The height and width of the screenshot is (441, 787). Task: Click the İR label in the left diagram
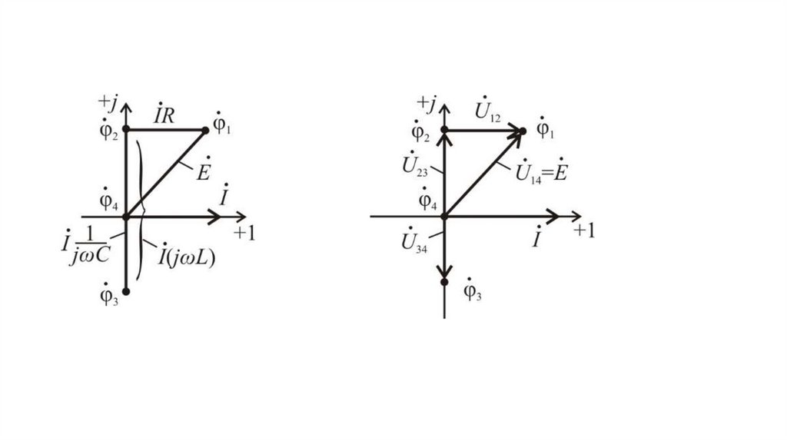coord(164,116)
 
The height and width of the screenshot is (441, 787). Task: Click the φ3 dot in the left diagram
coord(127,291)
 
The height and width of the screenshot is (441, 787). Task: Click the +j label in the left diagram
coord(108,102)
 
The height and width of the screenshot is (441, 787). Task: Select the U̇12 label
coord(487,113)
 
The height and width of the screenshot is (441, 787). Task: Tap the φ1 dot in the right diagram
coord(523,131)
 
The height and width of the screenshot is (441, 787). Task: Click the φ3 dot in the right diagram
coord(444,282)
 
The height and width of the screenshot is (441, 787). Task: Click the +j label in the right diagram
coord(427,102)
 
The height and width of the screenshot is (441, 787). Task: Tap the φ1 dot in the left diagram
coord(205,131)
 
